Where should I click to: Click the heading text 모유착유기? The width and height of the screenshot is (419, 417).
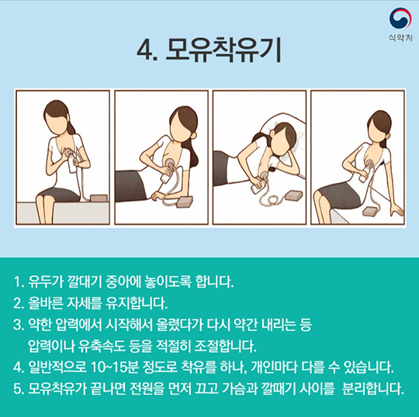[x=223, y=50]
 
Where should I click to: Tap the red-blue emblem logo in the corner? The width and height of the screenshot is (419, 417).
[x=400, y=18]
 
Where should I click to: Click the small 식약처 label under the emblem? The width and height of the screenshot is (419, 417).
[x=400, y=38]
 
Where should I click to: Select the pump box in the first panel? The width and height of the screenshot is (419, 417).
[x=99, y=198]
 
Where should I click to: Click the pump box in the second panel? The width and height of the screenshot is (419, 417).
[x=185, y=201]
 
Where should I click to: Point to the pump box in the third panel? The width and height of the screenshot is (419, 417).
[x=293, y=195]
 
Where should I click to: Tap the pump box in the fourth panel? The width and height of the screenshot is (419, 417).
[x=371, y=211]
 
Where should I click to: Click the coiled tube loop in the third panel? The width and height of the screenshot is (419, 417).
[x=271, y=201]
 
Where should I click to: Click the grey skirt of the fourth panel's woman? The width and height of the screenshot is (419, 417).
[x=338, y=195]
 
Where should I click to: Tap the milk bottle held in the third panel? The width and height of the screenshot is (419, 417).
[x=258, y=186]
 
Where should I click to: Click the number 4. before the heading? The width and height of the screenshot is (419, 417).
[x=147, y=51]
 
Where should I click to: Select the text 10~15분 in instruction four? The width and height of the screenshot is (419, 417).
[x=115, y=367]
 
